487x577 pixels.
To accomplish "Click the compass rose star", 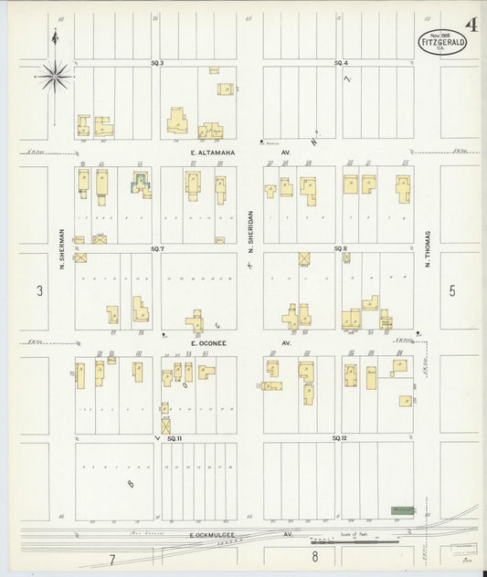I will pos(55,78).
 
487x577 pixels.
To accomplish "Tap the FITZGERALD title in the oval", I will pos(442,41).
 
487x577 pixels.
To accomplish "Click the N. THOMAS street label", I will pos(427,247).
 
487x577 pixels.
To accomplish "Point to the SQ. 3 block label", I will pos(157,62).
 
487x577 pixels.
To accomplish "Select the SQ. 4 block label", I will pos(341,62).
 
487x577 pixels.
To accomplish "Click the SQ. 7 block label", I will pos(157,248).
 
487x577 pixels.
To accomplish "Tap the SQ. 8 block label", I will pos(341,248).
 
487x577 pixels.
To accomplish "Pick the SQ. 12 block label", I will pos(341,438).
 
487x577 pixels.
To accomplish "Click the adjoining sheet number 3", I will pos(39,291).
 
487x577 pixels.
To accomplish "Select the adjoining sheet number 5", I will pos(451,291).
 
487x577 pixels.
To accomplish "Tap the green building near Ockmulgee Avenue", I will pos(402,510).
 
